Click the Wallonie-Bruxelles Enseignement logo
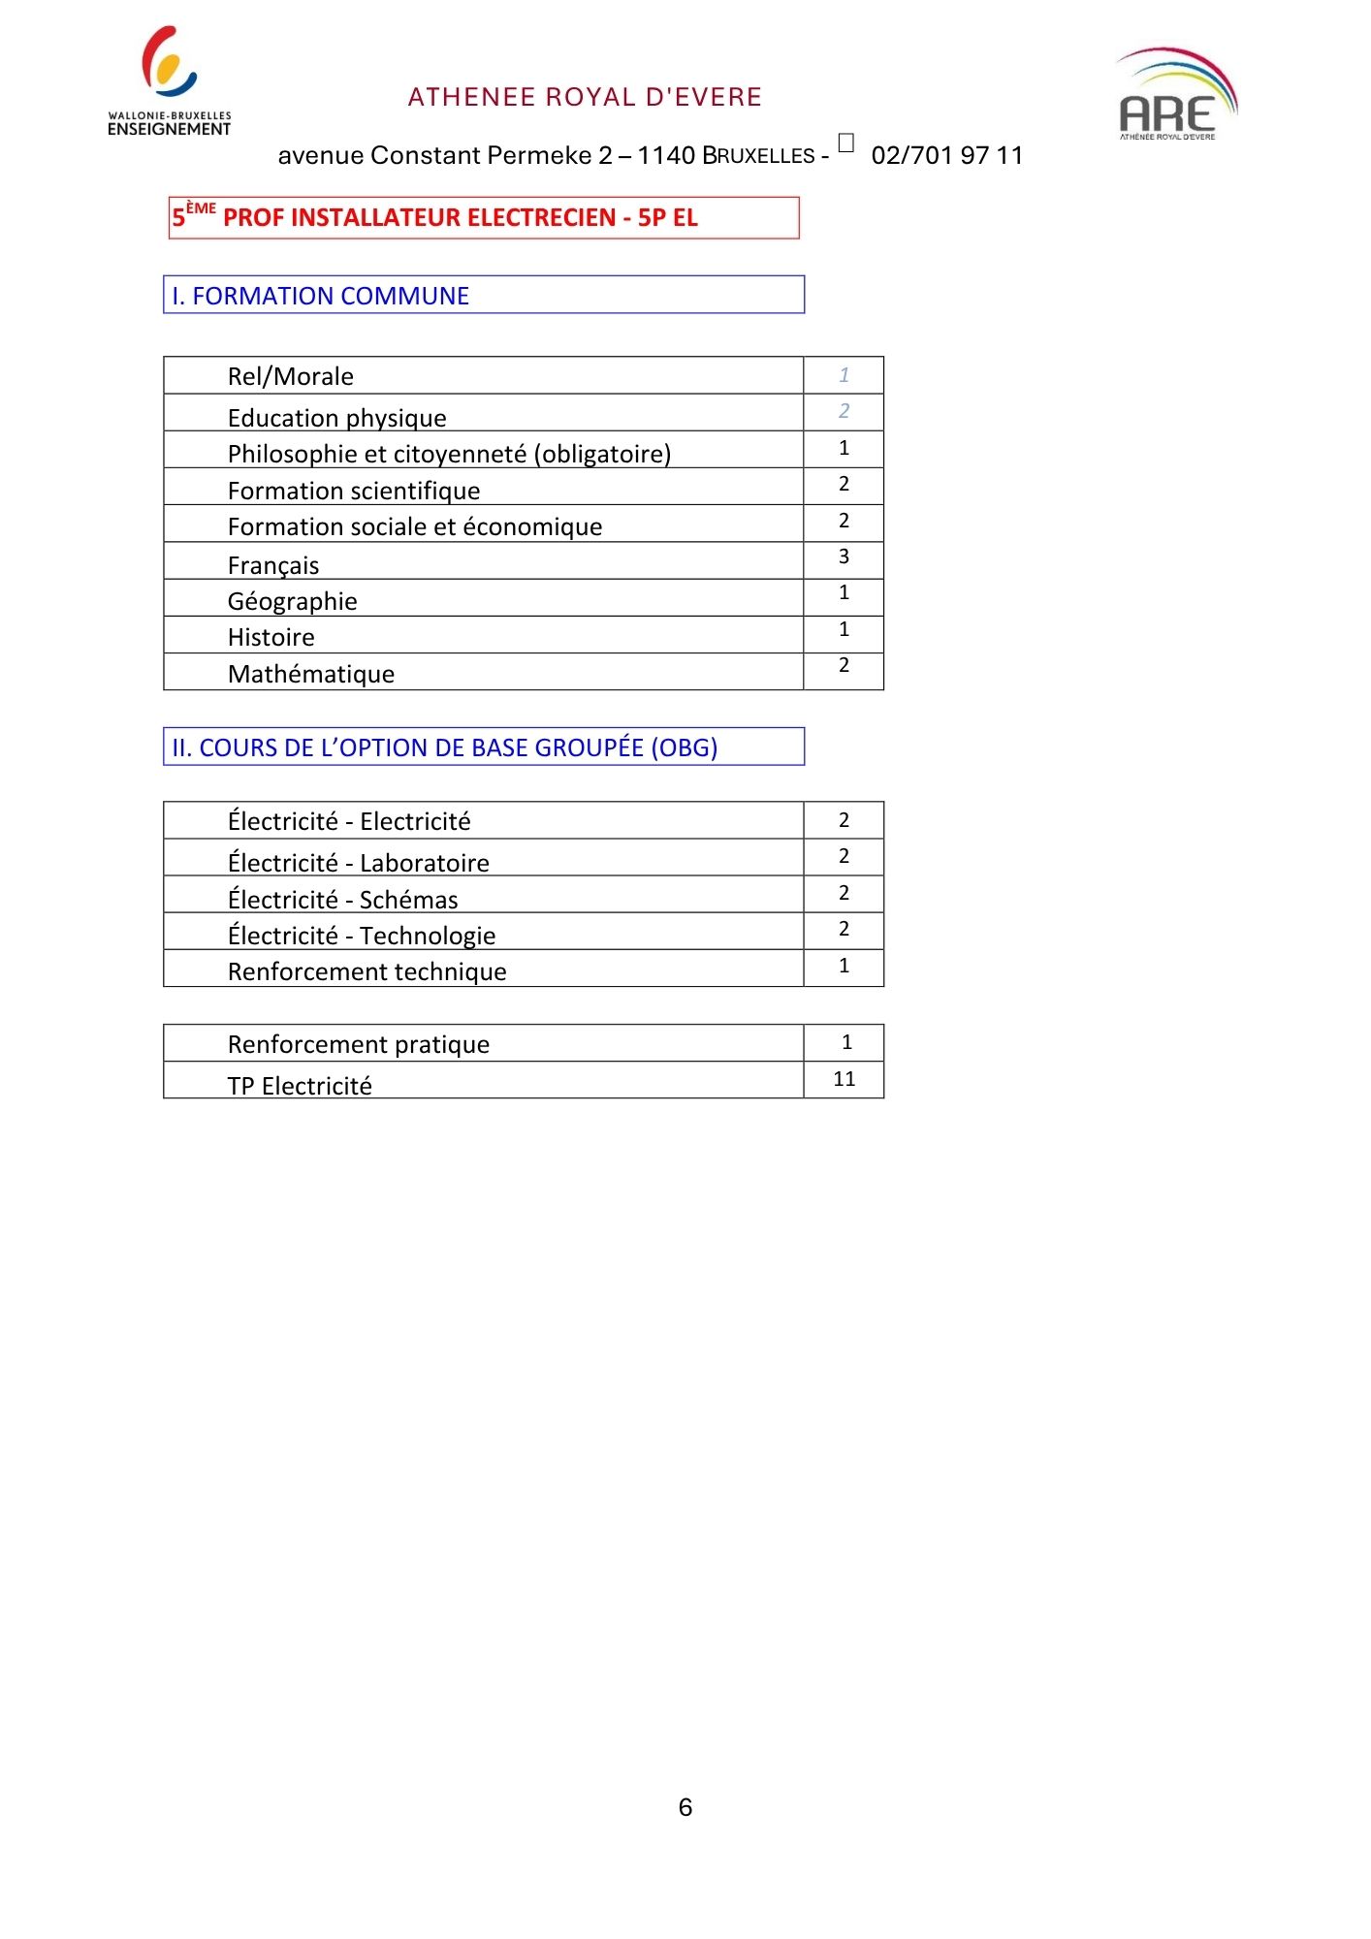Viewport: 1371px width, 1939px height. pyautogui.click(x=170, y=81)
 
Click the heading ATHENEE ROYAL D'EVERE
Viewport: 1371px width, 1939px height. pyautogui.click(x=585, y=97)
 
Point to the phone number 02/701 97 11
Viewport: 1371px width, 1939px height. pyautogui.click(x=946, y=155)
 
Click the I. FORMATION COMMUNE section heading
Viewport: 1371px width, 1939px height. pyautogui.click(x=321, y=296)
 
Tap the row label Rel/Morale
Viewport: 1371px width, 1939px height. pyautogui.click(x=291, y=376)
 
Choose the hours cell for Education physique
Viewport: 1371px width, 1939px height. pyautogui.click(x=844, y=411)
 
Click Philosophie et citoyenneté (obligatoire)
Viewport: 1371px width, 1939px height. pyautogui.click(x=449, y=454)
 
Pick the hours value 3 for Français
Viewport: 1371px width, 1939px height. pyautogui.click(x=844, y=556)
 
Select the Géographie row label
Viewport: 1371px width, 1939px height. pyautogui.click(x=292, y=601)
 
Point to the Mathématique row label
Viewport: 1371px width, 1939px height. pyautogui.click(x=311, y=674)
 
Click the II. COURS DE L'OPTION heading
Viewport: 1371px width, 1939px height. pyautogui.click(x=444, y=747)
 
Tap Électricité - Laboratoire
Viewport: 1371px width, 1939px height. pyautogui.click(x=359, y=863)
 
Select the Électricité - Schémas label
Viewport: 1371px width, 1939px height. pyautogui.click(x=342, y=900)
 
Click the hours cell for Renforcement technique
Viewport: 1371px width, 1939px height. pyautogui.click(x=844, y=966)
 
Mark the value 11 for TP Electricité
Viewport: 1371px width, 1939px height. pyautogui.click(x=844, y=1079)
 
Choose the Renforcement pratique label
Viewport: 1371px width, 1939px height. pyautogui.click(x=359, y=1044)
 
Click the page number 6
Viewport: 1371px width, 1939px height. pyautogui.click(x=685, y=1807)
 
